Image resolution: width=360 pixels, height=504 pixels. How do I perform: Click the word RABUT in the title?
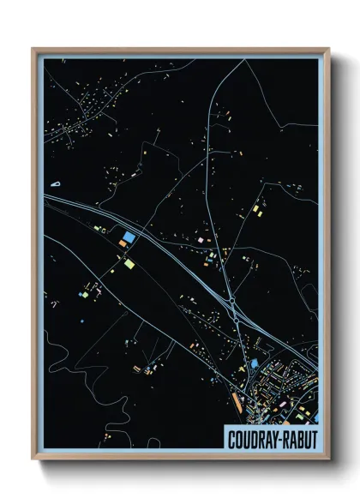(300, 437)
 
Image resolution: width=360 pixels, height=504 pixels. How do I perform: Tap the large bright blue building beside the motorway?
(129, 237)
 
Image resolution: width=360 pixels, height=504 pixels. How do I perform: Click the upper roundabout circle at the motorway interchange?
(234, 301)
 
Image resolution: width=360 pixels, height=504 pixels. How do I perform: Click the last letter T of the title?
(314, 437)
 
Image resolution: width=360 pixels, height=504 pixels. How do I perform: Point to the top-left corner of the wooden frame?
(33, 49)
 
